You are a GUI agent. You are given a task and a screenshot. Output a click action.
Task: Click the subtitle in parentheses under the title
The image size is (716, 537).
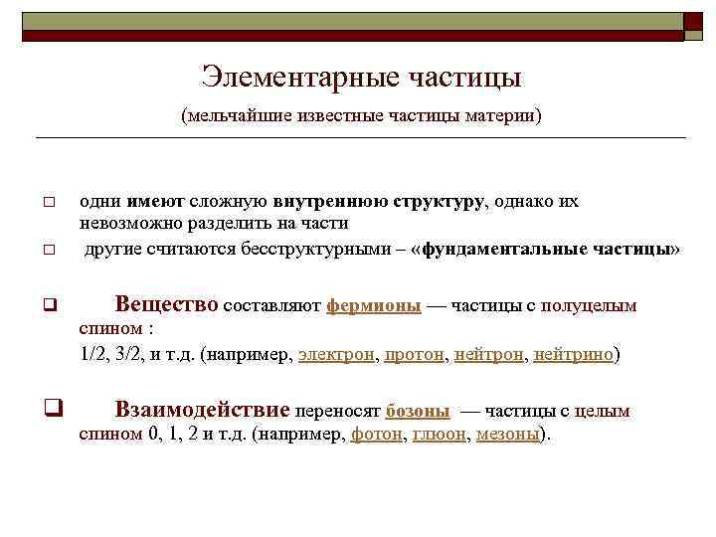coord(361,116)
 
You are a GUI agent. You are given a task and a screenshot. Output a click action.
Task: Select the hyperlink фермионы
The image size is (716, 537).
coord(373,306)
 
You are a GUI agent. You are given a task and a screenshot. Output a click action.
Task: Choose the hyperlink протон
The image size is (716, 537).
coord(415,353)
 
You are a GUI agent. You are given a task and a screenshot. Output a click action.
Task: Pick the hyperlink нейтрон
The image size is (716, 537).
coord(489,353)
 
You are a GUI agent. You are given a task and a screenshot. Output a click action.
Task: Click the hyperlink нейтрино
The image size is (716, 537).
coord(574,353)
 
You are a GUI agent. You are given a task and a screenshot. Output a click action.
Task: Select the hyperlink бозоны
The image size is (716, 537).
coord(417,411)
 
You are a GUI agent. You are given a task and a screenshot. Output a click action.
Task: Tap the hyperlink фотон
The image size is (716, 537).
coord(376,435)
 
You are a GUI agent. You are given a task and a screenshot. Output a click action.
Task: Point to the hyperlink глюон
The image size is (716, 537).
coord(439,435)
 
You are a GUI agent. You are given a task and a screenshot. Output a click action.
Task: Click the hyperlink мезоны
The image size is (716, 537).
coord(507,435)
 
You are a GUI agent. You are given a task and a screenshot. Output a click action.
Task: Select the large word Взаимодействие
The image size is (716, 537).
coord(202,410)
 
